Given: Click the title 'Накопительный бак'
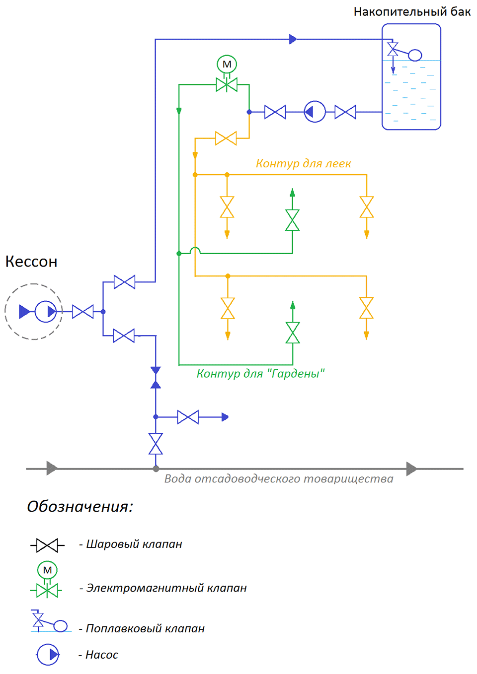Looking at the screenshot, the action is pos(411,12).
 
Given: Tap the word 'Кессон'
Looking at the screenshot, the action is pos(31,262).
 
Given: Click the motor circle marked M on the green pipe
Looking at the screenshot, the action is pos(227,64).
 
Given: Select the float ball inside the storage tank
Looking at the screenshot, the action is pos(415,55).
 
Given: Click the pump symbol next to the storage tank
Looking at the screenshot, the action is pos(315,112).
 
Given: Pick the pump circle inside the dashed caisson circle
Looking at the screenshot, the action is pos(46,312).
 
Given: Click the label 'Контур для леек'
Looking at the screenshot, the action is pos(303,163).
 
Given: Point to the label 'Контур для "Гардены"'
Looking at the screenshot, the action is pos(260,374).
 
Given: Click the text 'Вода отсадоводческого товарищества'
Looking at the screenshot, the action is pos(279,479).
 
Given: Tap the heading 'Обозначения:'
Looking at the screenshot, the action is pos(80,507).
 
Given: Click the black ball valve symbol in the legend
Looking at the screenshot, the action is pos(47,545).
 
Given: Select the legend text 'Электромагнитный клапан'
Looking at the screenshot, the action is pos(166,588).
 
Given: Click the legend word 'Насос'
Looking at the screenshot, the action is pos(102,655).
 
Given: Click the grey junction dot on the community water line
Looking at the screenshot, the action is pos(156,469).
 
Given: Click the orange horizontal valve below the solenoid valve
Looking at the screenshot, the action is pos(226,138).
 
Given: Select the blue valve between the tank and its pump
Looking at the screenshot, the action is pos(345,112).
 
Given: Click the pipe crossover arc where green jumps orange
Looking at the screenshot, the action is pos(195,250).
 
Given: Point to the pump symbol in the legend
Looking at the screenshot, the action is pos(48,655).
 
